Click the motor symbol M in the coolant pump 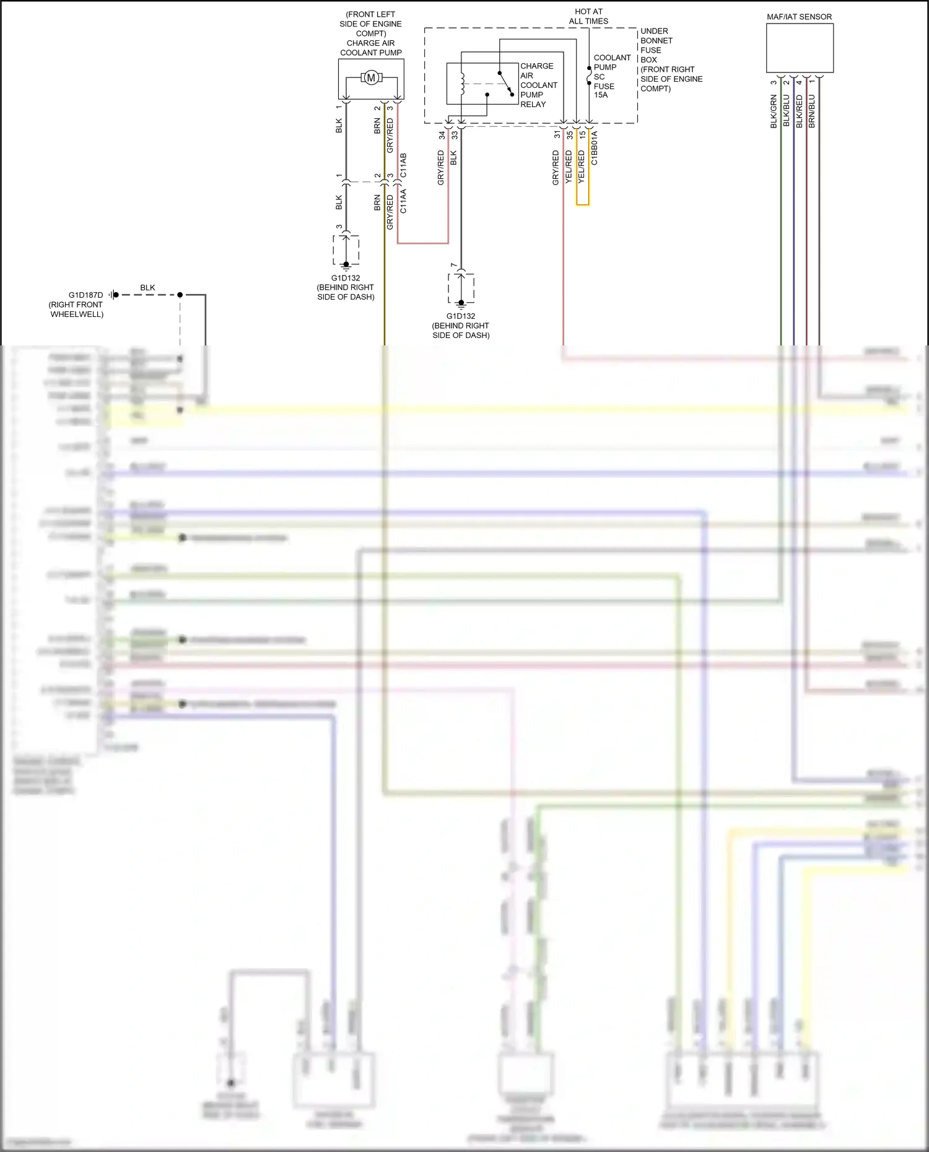click(371, 77)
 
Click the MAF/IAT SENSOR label click(799, 17)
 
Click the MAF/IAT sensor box click(800, 48)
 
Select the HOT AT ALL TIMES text click(588, 16)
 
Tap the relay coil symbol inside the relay click(461, 84)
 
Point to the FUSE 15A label click(604, 90)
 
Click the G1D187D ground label click(85, 295)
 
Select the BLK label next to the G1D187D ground click(147, 288)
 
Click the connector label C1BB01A click(595, 147)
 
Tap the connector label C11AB click(403, 166)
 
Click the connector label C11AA click(403, 201)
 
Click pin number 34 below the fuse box click(442, 134)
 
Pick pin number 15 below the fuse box click(582, 134)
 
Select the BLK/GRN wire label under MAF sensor click(774, 111)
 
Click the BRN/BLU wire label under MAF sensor click(812, 111)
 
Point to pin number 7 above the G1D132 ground click(454, 266)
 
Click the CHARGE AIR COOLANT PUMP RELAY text click(538, 85)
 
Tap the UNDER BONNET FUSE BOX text click(656, 45)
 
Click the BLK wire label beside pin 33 click(453, 158)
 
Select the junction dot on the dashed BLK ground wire click(180, 295)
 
